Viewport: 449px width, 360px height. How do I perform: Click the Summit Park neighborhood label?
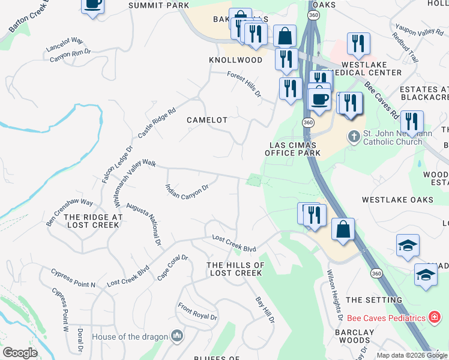158,5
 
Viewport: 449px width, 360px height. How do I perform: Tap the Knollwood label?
235,60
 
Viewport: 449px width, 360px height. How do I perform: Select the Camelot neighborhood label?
207,120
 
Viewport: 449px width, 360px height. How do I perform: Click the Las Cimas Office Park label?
293,149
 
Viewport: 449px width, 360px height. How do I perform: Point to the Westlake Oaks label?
397,199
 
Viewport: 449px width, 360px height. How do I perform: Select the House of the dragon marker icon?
177,335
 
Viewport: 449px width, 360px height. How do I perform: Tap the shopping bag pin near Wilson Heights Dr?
343,230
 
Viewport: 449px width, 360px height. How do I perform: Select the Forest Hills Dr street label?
244,85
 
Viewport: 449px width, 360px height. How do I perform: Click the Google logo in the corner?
20,353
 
